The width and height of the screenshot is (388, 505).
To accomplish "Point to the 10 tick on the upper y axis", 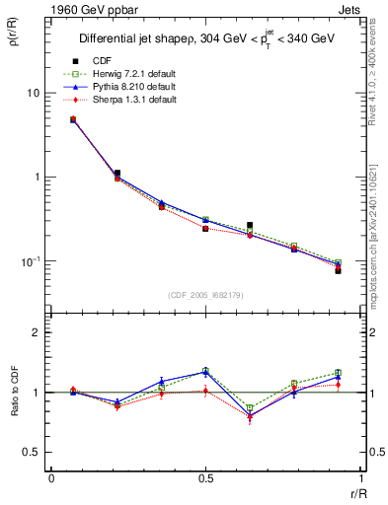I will (x=33, y=93).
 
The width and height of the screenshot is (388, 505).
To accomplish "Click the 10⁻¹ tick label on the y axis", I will (x=31, y=261).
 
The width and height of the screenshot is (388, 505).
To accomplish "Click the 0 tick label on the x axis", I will (x=51, y=477).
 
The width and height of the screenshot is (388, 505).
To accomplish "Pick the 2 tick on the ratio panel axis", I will (x=38, y=332).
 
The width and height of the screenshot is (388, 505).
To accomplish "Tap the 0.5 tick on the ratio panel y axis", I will (x=33, y=452).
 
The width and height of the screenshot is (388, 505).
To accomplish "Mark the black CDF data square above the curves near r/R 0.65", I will (x=250, y=226).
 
